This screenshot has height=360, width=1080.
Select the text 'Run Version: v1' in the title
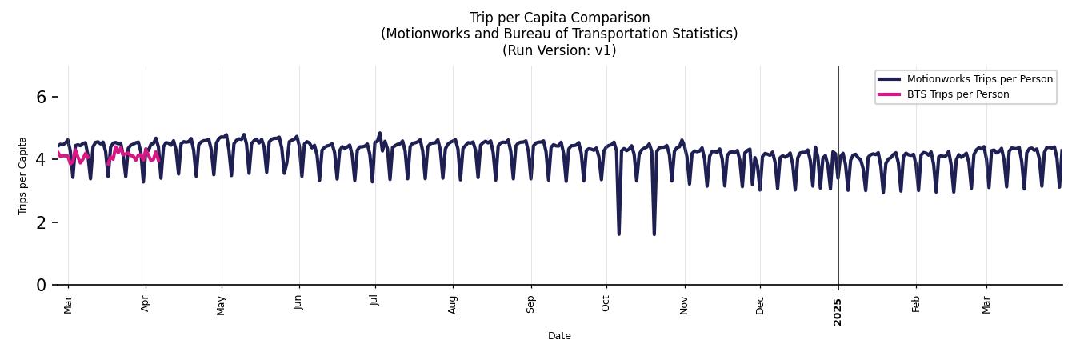tap(559, 50)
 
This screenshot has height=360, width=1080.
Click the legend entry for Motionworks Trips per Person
tap(979, 78)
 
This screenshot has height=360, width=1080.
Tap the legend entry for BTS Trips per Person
tap(958, 94)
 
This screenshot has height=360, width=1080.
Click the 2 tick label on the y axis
tap(42, 222)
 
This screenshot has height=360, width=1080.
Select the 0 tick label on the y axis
tap(42, 285)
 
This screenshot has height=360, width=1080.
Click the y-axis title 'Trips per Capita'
tap(22, 175)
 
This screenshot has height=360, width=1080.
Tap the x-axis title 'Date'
tap(559, 336)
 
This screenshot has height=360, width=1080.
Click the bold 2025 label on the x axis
tap(838, 308)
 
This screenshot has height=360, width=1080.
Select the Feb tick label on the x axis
tap(916, 303)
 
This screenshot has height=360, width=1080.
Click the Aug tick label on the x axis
tap(453, 304)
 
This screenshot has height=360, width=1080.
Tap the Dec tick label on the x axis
tap(760, 304)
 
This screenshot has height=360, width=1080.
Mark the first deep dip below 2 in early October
tap(618, 233)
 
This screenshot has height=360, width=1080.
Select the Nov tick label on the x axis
tap(684, 304)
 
